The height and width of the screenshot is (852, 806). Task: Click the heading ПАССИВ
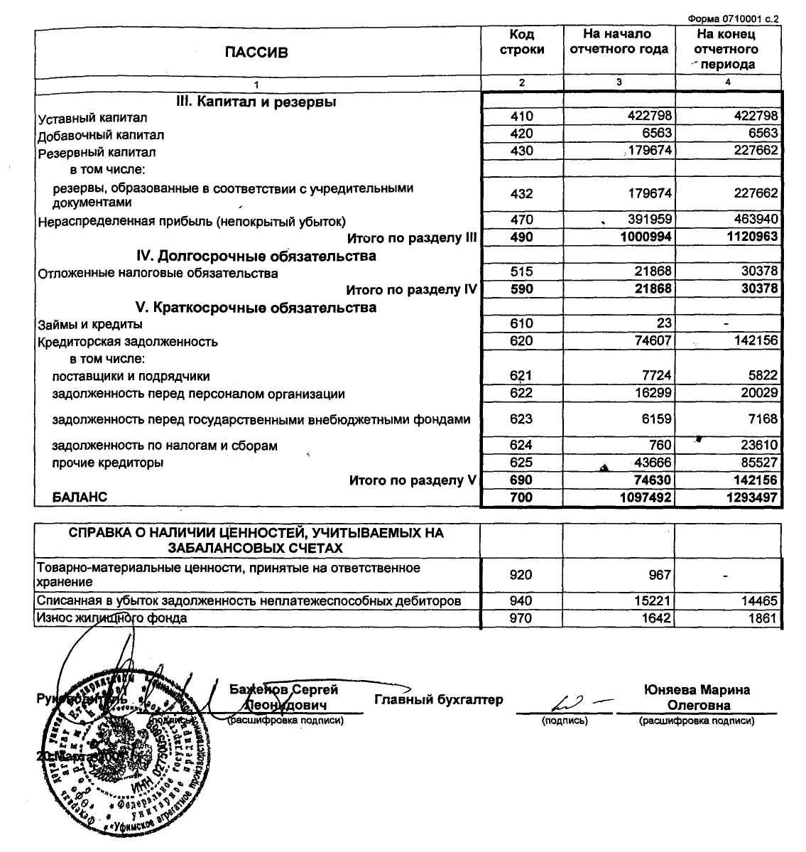point(256,52)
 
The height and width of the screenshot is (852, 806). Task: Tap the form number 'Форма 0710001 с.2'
point(733,18)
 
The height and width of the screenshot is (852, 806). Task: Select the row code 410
point(521,116)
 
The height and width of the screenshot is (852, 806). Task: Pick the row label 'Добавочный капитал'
point(101,135)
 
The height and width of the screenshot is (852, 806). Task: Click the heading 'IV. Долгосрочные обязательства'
point(256,256)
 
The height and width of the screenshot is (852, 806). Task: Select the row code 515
point(521,271)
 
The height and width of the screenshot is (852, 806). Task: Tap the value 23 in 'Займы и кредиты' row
point(664,323)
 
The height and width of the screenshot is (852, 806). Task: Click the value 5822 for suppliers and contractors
point(763,375)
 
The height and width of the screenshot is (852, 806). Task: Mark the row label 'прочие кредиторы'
point(108,463)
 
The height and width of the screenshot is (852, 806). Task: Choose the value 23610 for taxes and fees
point(758,445)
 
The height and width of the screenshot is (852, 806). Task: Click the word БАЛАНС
point(80,497)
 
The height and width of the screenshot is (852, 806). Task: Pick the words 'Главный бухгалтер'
point(438,700)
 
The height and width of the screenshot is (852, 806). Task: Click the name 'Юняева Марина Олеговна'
point(697,697)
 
